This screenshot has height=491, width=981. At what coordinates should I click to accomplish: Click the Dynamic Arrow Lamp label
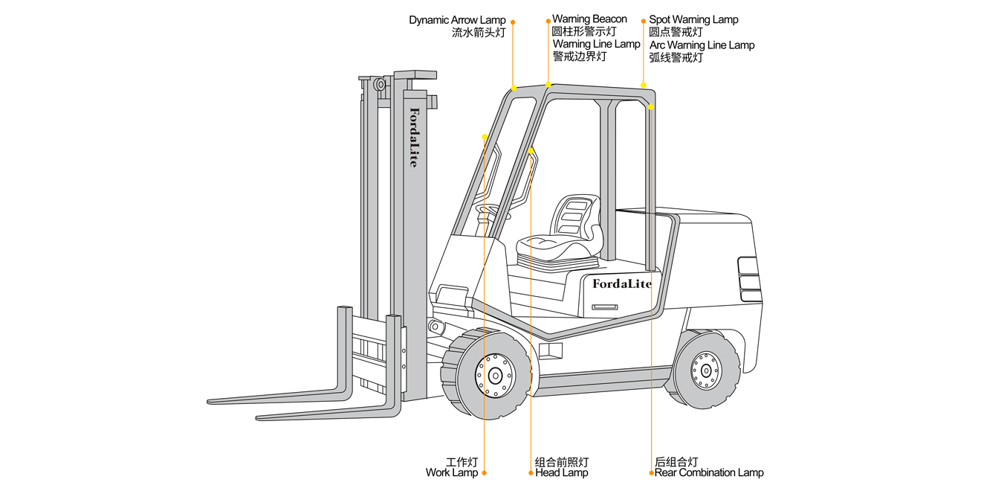[457, 20]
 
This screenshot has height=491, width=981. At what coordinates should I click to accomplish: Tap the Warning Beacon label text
[589, 19]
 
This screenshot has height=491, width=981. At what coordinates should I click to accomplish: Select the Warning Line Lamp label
[596, 44]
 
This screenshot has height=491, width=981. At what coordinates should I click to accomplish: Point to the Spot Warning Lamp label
[693, 19]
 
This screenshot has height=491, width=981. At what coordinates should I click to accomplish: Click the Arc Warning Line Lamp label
[702, 45]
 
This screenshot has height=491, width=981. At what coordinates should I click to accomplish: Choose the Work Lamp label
[452, 472]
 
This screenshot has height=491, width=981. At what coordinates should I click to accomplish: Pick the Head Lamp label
[561, 472]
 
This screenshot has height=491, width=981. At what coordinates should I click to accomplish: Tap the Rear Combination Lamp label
[708, 472]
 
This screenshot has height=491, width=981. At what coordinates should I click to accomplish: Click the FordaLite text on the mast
[414, 137]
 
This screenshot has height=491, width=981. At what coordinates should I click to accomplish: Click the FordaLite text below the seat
[621, 283]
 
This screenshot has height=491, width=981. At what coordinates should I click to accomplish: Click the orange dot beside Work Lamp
[485, 472]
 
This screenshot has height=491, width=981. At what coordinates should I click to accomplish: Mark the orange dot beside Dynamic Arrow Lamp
[513, 22]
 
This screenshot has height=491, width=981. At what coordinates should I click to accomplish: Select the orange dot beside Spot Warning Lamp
[644, 21]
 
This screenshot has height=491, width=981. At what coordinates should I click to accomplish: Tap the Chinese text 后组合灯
[676, 462]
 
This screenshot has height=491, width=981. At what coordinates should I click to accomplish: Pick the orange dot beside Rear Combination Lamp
[651, 472]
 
